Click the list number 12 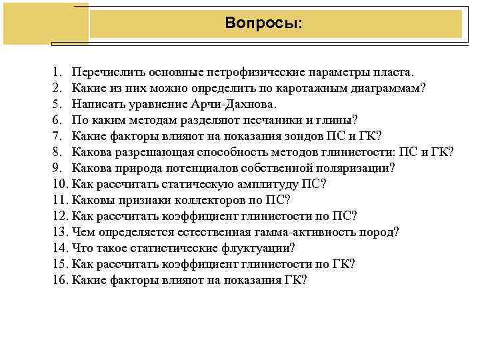58,216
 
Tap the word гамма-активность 311,232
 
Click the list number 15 58,264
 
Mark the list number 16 58,280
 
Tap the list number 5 55,104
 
